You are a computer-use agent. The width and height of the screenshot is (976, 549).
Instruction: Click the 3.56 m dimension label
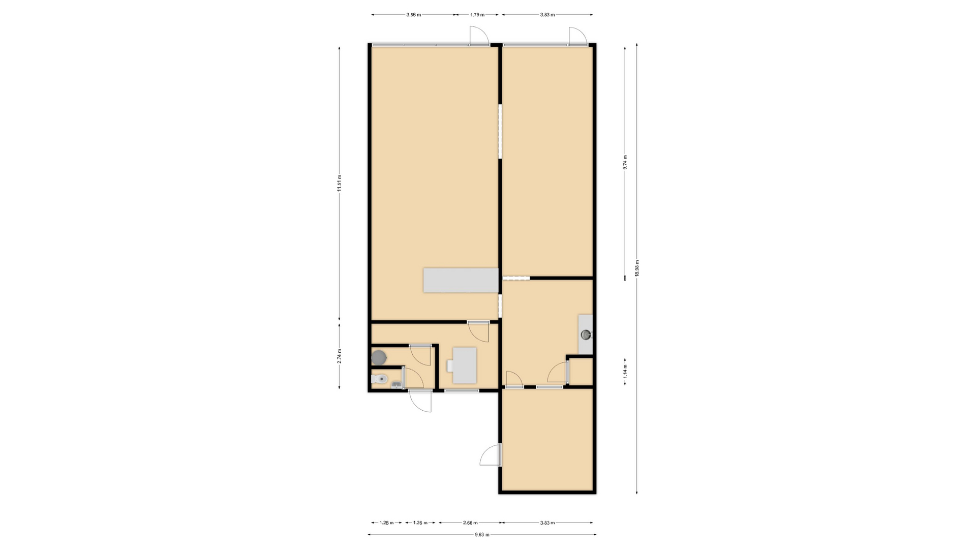point(413,15)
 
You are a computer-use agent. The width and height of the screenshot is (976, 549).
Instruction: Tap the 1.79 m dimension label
point(477,15)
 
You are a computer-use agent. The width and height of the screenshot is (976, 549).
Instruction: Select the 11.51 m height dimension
point(339,183)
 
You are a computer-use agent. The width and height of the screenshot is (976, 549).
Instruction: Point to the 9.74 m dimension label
point(625,162)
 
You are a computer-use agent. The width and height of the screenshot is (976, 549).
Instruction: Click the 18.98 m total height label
point(637,268)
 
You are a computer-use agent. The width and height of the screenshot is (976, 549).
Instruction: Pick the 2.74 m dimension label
point(339,355)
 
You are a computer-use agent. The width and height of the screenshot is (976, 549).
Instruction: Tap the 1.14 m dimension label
point(625,371)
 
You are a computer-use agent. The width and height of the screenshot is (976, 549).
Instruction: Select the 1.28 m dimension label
point(387,523)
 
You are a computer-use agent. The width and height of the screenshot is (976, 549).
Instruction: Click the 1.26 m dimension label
point(420,523)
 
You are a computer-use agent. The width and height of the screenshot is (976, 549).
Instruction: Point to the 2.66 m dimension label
point(470,523)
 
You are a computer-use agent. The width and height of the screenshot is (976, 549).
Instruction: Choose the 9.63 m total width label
point(482,534)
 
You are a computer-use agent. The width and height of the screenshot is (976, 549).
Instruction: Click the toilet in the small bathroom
point(379,379)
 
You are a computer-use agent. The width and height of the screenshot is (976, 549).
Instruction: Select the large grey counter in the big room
point(461,280)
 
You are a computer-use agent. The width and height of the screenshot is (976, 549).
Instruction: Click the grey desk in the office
point(465,365)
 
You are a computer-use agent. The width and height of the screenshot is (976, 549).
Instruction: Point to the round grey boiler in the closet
point(379,357)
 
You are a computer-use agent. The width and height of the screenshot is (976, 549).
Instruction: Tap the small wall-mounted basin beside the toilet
point(396,385)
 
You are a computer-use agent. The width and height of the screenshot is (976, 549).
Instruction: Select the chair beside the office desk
point(450,365)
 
